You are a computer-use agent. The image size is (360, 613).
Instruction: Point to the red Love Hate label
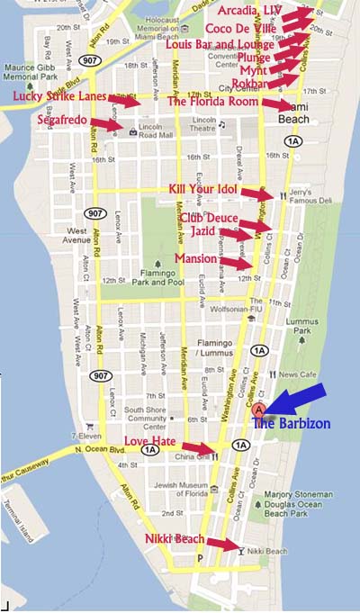click(x=151, y=440)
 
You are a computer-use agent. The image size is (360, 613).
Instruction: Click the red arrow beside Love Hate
click(x=200, y=446)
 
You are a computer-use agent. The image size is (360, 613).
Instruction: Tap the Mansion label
click(x=195, y=258)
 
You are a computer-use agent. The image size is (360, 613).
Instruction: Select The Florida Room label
click(x=213, y=101)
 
